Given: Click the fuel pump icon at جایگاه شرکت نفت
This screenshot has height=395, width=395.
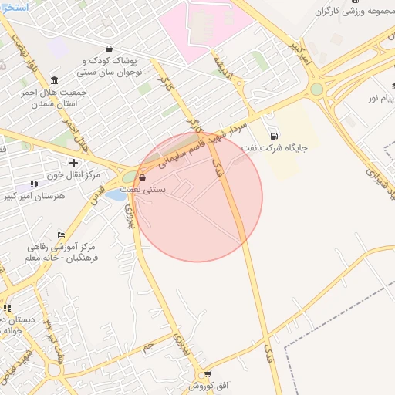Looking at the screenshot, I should (x=275, y=135).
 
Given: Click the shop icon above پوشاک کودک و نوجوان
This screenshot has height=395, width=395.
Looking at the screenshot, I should (x=108, y=49).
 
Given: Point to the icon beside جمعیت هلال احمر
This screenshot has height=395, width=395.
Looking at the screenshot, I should (x=53, y=80).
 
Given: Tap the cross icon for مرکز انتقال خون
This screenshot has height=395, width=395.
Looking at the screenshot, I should (x=73, y=163).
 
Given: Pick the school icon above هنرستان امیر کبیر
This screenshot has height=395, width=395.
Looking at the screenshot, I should (x=33, y=184).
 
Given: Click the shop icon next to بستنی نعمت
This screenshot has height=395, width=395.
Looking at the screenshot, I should (x=142, y=177).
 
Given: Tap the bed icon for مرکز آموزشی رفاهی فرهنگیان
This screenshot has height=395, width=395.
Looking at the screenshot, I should (x=61, y=235).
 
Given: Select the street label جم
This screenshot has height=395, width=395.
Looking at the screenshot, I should (x=147, y=348).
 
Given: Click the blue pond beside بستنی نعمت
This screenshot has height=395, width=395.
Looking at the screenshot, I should (x=115, y=195).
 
